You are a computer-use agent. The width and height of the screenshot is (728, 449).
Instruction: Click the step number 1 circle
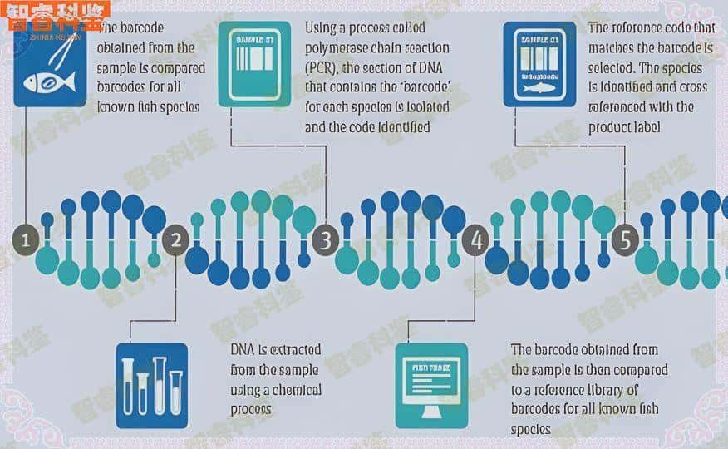coord(26,241)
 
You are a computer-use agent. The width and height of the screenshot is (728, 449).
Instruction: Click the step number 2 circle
coord(175,241)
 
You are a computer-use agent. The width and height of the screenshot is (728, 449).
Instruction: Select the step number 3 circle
coord(325,241)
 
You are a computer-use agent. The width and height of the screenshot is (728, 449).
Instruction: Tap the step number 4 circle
coord(476,241)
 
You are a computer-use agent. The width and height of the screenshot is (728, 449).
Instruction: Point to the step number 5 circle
coord(625,241)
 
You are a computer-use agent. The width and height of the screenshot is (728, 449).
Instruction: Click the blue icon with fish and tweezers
coord(49,65)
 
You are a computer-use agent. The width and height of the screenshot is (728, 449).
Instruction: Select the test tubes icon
coord(151,385)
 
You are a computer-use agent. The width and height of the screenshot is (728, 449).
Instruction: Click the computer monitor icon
coord(430,385)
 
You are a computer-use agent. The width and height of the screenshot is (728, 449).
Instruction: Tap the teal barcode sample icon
coord(254,65)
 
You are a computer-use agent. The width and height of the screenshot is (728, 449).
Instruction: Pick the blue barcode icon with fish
coord(539,65)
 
